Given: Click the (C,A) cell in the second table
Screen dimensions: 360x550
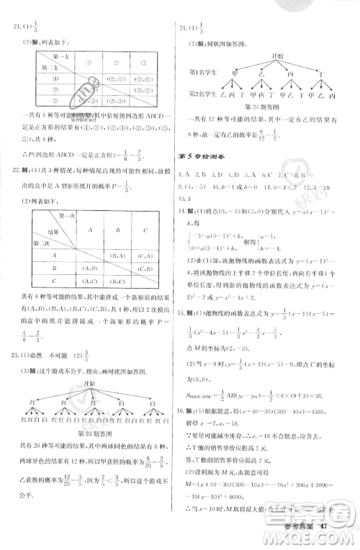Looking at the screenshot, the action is [x=145, y=255].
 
